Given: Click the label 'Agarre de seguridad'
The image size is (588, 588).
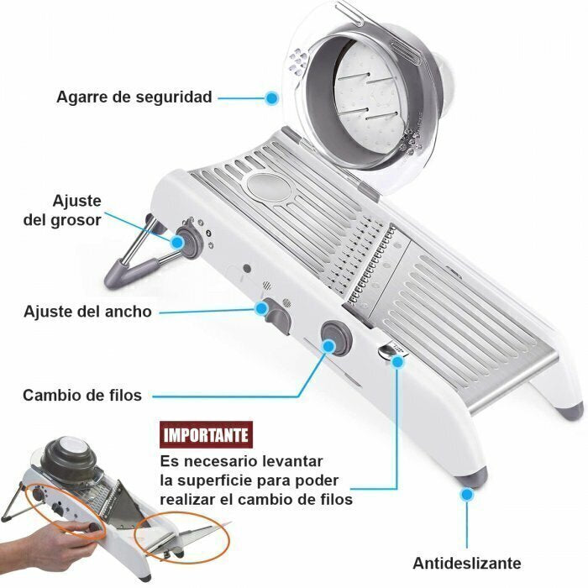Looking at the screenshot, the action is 134,97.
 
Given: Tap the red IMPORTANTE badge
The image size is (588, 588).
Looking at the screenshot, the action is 206,435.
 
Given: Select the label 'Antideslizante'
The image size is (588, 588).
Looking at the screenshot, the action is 467,563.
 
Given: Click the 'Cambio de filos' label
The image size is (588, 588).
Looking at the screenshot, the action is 82,396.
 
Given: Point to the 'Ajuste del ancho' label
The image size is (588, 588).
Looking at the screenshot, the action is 87,312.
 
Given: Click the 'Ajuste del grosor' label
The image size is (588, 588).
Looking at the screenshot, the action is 63,210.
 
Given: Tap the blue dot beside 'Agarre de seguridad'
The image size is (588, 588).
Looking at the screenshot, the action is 271,98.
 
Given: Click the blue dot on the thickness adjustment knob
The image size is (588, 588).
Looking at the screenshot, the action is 177,242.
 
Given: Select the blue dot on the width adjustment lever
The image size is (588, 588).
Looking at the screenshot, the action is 261,308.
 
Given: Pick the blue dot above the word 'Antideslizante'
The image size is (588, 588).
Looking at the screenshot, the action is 467,495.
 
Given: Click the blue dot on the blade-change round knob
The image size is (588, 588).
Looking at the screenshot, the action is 329,346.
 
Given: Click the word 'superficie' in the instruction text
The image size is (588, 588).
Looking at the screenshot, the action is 220,480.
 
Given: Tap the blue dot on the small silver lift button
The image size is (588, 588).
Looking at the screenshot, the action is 397,361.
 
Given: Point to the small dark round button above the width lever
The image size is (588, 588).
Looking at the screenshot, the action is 247,268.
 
